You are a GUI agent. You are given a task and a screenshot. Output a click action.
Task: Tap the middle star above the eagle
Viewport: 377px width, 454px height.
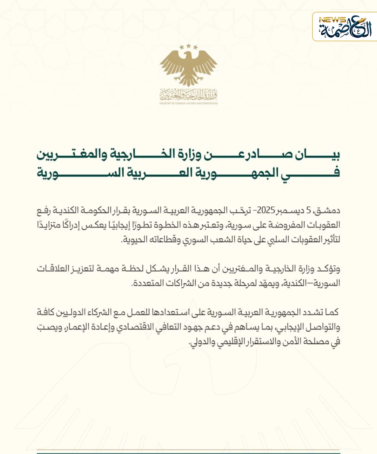tap(188, 46)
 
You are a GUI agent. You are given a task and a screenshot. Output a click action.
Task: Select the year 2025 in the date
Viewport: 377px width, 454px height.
tap(266, 210)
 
